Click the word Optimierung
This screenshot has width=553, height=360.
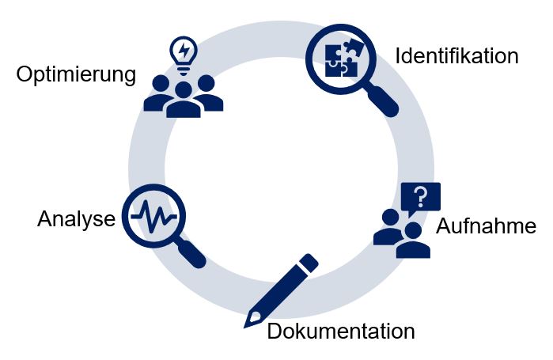click(76, 76)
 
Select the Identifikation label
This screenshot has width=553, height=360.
click(456, 56)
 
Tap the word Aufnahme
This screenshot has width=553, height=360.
click(486, 226)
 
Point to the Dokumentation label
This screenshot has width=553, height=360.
click(340, 331)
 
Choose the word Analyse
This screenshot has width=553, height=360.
click(76, 219)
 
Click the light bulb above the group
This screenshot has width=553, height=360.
click(184, 55)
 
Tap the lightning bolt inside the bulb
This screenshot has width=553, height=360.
click(184, 51)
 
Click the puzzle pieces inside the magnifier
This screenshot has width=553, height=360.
click(341, 58)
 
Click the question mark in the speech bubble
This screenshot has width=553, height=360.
click(421, 195)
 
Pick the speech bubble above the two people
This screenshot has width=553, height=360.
click(420, 197)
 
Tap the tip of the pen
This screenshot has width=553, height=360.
click(248, 323)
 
